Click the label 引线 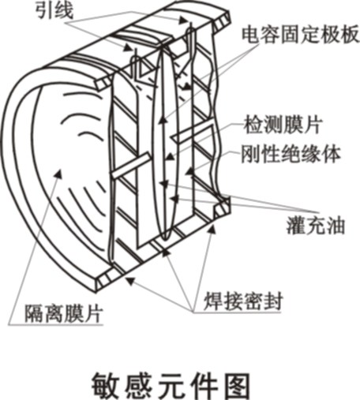tap(54, 11)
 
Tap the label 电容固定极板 tap(300, 34)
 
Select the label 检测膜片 tap(283, 125)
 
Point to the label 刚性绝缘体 tap(291, 154)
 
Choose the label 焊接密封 tap(243, 301)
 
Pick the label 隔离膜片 tap(63, 313)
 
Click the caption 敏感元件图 tap(171, 386)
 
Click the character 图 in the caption tap(236, 386)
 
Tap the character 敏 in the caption tap(106, 386)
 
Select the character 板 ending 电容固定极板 tap(350, 34)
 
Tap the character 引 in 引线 tap(45, 11)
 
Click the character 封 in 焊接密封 tap(273, 301)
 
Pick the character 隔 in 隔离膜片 tap(34, 313)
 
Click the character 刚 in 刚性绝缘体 tap(251, 154)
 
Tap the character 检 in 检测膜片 tap(253, 125)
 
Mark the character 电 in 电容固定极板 tap(251, 34)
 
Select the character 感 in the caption tap(139, 386)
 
